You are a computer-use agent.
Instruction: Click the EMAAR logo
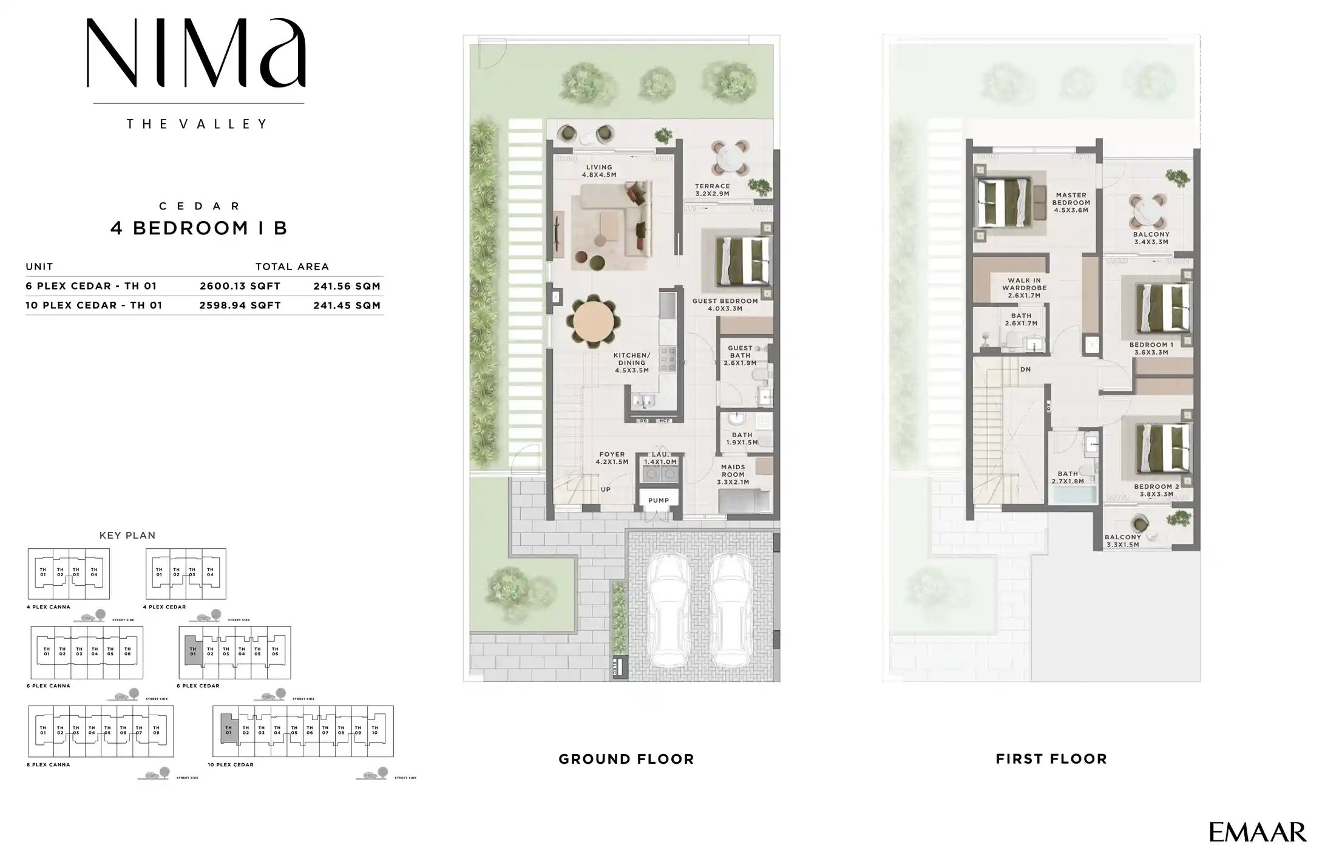[1257, 832]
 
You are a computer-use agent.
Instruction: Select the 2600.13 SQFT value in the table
[240, 286]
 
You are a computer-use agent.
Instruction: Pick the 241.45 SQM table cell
[347, 305]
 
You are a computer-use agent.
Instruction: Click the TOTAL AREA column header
[292, 267]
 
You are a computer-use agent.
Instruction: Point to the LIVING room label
[599, 168]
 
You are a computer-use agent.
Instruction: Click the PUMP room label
[659, 500]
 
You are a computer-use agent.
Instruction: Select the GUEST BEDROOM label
[725, 301]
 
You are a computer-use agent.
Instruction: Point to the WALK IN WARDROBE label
[1024, 285]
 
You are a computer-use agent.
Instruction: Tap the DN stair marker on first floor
[1025, 369]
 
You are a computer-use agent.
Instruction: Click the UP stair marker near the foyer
[605, 489]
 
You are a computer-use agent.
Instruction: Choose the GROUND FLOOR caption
[626, 759]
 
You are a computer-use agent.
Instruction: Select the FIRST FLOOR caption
[1051, 759]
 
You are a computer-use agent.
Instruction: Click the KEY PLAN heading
[127, 535]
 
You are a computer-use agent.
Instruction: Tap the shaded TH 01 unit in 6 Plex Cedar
[192, 651]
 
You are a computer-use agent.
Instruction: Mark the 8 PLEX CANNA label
[49, 765]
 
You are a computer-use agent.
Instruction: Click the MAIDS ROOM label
[733, 471]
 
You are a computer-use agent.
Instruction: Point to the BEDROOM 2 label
[1156, 487]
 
